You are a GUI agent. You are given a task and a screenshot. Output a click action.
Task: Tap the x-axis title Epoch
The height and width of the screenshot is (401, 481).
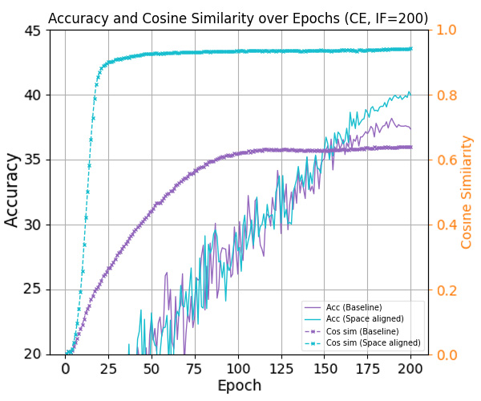click(x=239, y=385)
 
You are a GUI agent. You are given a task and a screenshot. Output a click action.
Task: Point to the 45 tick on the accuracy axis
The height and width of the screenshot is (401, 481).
click(x=33, y=30)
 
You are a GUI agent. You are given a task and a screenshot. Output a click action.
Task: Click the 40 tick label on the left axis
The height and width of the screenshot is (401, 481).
click(x=33, y=95)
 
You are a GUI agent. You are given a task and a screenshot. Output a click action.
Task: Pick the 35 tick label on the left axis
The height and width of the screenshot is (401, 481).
click(x=33, y=160)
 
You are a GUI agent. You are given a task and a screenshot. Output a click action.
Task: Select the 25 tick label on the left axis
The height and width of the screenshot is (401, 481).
click(x=33, y=290)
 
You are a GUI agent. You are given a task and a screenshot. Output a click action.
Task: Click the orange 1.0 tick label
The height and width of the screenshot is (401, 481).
click(x=445, y=30)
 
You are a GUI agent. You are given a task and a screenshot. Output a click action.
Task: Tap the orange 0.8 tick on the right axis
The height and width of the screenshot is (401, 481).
click(x=445, y=95)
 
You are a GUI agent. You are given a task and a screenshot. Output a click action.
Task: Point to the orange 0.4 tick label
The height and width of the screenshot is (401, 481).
click(x=445, y=225)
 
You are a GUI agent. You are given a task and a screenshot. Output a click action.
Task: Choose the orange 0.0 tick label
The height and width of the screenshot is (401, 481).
click(x=445, y=354)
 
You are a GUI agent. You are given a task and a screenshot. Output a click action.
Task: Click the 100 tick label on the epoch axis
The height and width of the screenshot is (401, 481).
click(x=238, y=368)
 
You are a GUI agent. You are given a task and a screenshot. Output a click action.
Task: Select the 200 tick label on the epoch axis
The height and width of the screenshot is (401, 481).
click(x=410, y=368)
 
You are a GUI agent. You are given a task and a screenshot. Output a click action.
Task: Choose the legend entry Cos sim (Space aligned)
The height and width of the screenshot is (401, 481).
click(x=374, y=343)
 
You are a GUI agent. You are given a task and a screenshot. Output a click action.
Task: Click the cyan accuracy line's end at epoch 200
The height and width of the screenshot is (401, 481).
click(x=410, y=92)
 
